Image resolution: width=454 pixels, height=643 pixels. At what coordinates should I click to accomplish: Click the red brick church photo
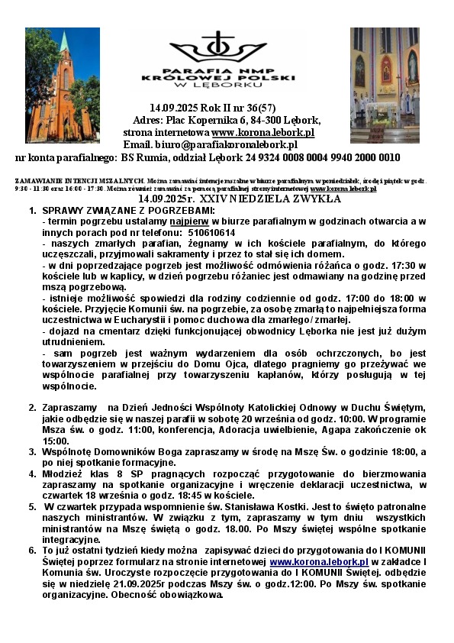pyautogui.click(x=63, y=80)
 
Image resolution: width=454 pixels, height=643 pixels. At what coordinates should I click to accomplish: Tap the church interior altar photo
pyautogui.click(x=385, y=75)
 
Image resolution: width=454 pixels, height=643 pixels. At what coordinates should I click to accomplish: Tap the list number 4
pyautogui.click(x=32, y=473)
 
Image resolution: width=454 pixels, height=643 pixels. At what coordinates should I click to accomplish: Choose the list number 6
pyautogui.click(x=32, y=550)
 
